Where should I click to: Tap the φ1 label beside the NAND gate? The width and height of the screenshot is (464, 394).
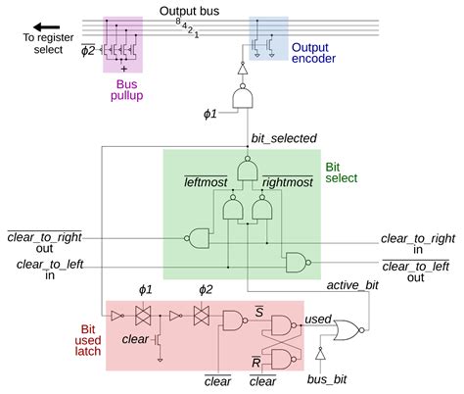click(209, 115)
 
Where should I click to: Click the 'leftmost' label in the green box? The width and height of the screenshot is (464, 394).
click(205, 182)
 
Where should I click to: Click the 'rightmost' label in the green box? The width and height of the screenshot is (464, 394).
click(288, 182)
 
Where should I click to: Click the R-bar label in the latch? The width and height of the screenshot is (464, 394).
click(256, 363)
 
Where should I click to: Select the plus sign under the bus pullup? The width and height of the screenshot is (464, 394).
click(124, 70)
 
